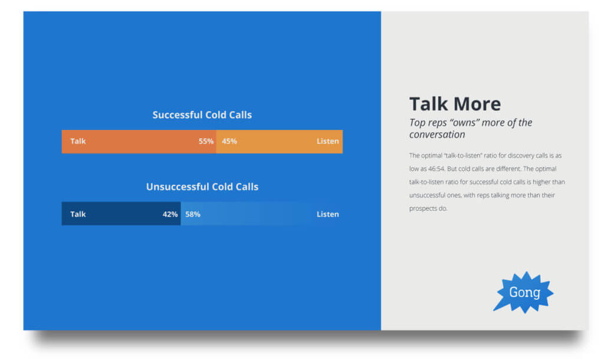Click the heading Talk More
(455, 104)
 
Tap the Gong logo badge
(524, 292)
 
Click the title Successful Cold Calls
(202, 114)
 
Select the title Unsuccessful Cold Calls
(202, 186)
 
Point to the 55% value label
(206, 142)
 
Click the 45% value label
(229, 142)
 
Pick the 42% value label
(170, 214)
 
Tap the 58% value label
(193, 214)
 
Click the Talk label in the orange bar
(78, 142)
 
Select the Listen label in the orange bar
(327, 142)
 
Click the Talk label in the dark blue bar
(78, 214)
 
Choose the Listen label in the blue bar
(327, 214)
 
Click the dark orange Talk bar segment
(139, 142)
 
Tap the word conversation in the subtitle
(437, 135)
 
